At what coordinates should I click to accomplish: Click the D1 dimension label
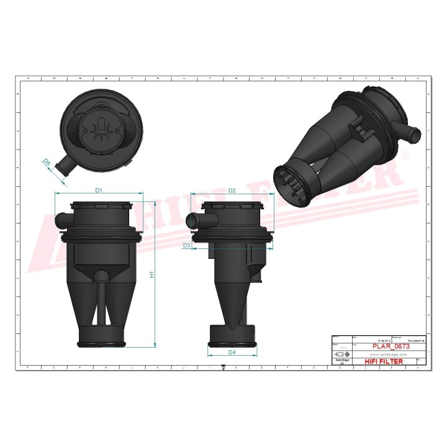click(x=98, y=190)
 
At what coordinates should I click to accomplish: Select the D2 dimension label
click(x=232, y=190)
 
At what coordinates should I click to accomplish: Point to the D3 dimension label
click(x=186, y=246)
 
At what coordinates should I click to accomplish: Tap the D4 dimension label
click(x=232, y=353)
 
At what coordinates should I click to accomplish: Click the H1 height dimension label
click(x=151, y=274)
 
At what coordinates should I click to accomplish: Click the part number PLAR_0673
click(x=391, y=346)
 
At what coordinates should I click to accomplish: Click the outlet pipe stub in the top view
click(x=63, y=166)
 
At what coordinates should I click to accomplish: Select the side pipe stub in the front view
click(x=62, y=219)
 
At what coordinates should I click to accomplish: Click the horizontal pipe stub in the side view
click(x=195, y=219)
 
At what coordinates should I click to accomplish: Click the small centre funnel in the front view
click(x=101, y=276)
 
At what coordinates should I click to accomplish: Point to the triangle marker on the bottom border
click(x=223, y=367)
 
